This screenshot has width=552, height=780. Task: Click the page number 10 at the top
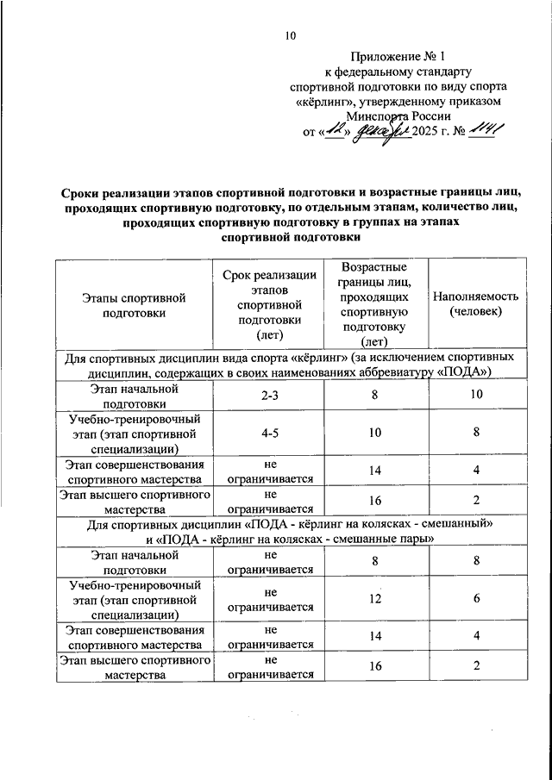pos(290,35)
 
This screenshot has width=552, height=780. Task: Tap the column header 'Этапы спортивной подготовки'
pos(134,305)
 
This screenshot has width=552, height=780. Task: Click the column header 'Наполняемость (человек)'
pos(475,304)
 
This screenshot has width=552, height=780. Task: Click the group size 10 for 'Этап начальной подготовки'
pos(475,396)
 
